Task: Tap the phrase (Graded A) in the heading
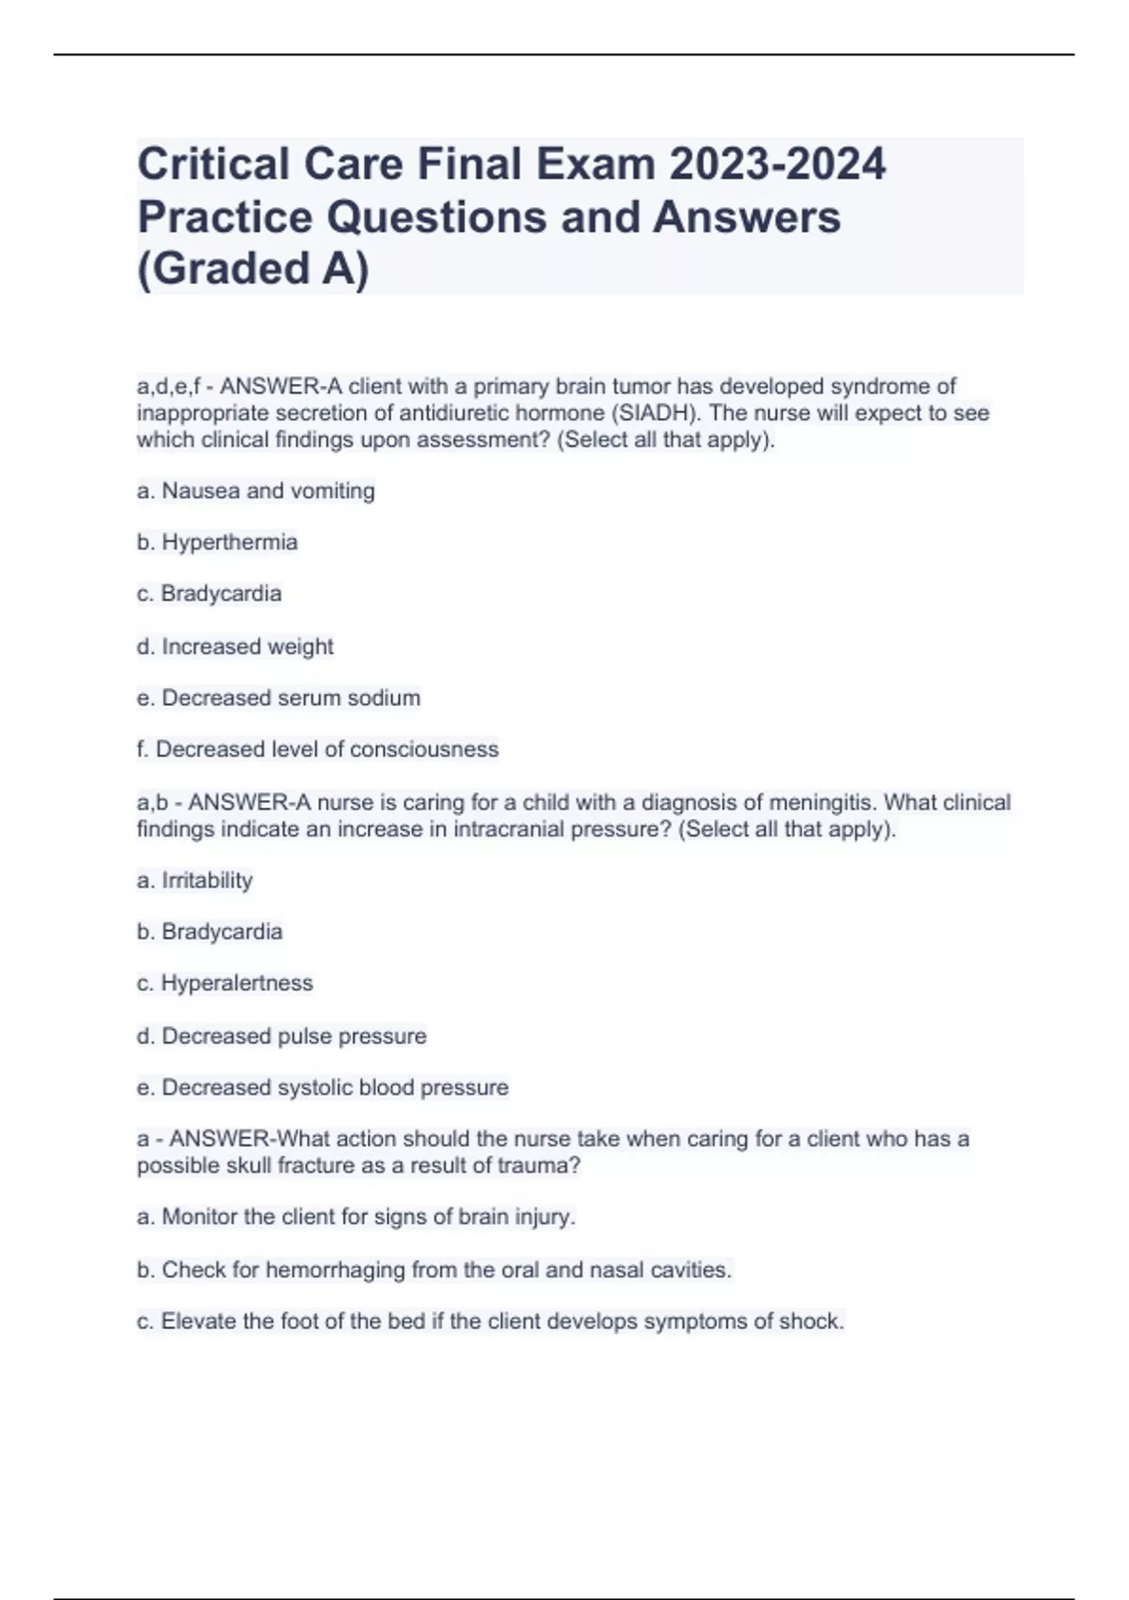pos(253,269)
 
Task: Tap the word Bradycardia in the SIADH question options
pos(221,594)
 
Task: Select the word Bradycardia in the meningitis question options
pos(222,932)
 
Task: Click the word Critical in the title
pos(214,164)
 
